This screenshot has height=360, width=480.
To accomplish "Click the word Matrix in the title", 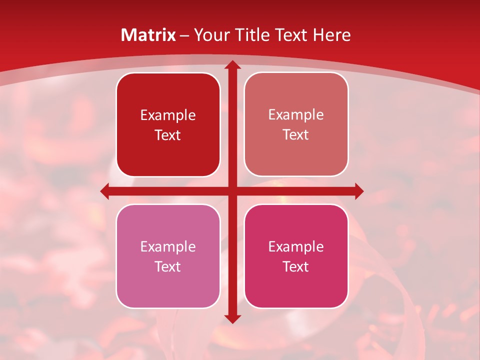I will (x=148, y=35).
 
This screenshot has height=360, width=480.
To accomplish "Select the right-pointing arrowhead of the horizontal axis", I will (x=358, y=191).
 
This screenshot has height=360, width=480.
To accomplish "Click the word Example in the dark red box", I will (x=168, y=115).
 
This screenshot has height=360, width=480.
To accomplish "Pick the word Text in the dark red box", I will (x=168, y=135).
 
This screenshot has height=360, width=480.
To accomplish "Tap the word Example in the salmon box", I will (x=296, y=114).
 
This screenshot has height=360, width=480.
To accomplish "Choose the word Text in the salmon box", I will (x=296, y=134).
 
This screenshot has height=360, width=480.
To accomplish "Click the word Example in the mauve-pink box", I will (x=168, y=246).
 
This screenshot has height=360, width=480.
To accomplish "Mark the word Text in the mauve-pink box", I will (x=168, y=266).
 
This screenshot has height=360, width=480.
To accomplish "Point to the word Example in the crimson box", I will (x=296, y=246).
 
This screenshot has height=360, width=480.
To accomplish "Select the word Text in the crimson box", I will (x=296, y=266).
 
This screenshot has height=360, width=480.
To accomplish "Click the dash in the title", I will (x=184, y=35).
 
